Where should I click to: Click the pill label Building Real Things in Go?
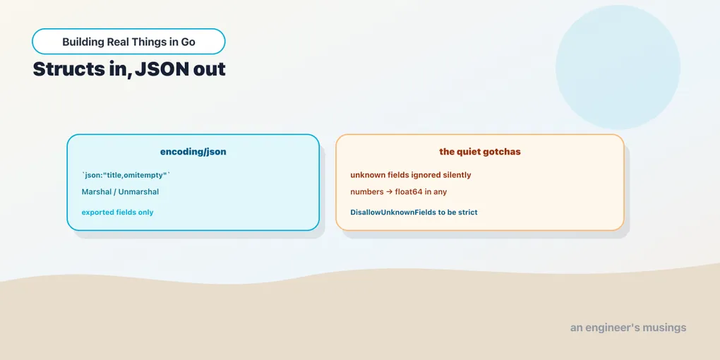point(128,42)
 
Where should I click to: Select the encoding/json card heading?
point(193,152)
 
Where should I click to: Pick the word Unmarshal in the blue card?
point(138,191)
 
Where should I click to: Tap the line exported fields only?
point(118,212)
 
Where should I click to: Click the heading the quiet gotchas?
point(480,152)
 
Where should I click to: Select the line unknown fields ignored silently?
point(411,175)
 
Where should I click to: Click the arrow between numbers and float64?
point(388,192)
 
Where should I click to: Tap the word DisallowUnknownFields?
point(392,212)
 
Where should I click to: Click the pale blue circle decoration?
point(618,67)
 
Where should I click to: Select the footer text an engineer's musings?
point(628,328)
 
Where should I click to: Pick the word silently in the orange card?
point(457,175)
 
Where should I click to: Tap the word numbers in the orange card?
point(366,192)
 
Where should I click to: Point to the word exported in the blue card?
point(97,212)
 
